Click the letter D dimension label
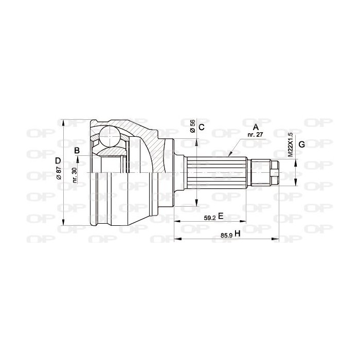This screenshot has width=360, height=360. (58, 160)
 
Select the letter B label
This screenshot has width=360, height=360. (77, 151)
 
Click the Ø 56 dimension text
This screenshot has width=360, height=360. (193, 126)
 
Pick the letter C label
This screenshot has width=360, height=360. (202, 127)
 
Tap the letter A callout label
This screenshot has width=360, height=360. (256, 127)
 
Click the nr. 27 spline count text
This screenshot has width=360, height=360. (255, 135)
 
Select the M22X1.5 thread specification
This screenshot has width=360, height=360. (291, 145)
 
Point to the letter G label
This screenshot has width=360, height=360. (302, 145)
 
